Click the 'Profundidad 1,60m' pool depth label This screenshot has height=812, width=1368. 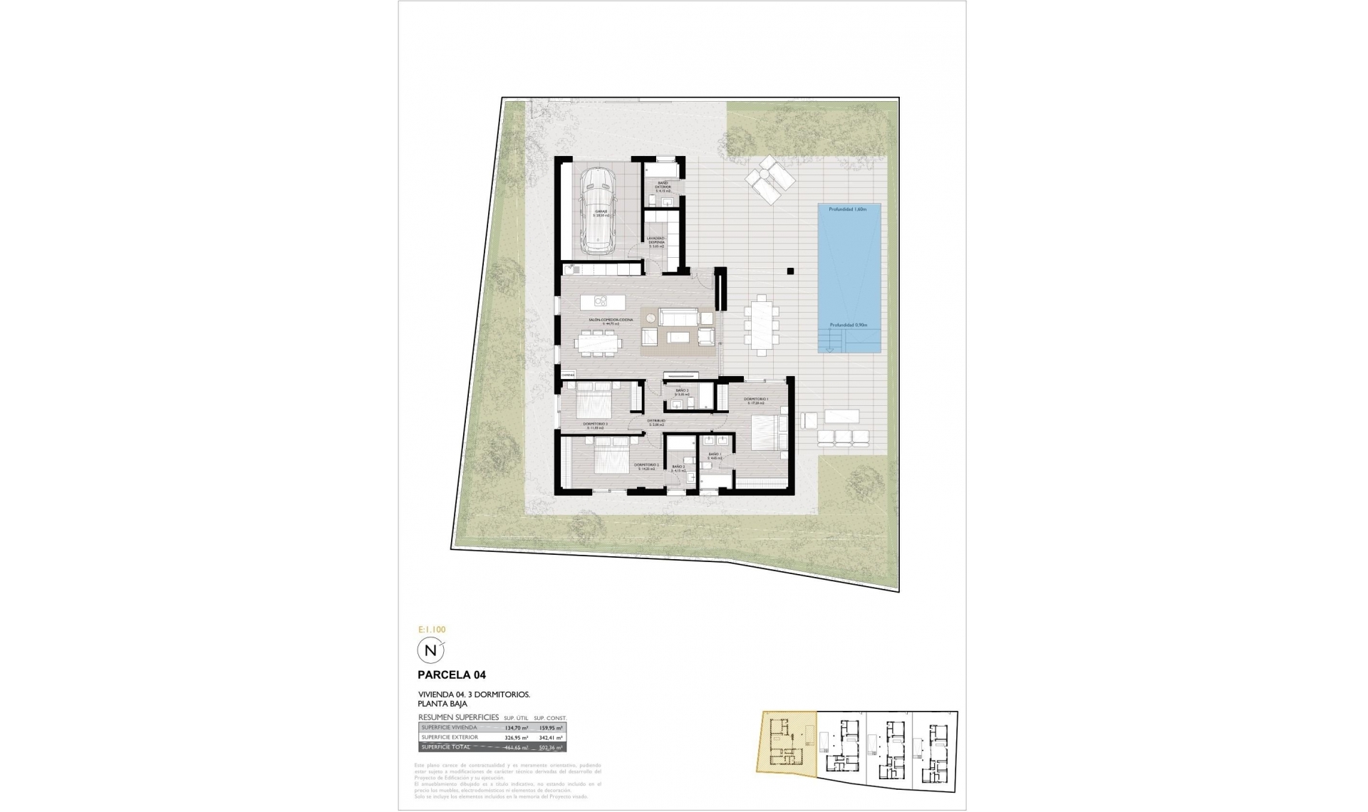847,209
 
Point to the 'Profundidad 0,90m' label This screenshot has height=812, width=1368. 847,325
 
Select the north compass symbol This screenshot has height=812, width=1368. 430,650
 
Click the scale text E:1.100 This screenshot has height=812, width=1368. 431,630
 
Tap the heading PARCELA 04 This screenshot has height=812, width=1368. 452,675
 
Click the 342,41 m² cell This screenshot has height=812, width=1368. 550,737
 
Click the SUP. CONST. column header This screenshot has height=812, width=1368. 549,718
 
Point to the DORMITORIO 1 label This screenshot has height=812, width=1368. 755,399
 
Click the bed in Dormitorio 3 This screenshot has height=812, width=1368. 592,402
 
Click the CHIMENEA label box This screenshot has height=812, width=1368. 568,375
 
